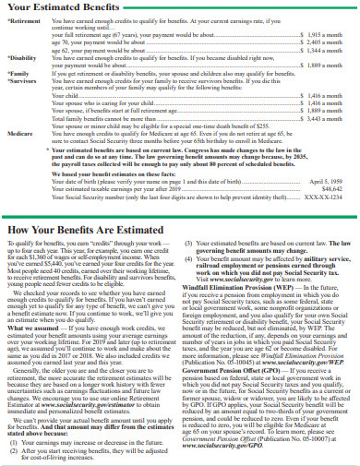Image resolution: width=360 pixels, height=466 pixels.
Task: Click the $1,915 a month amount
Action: point(327,33)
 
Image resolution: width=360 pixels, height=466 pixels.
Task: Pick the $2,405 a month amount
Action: point(327,41)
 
